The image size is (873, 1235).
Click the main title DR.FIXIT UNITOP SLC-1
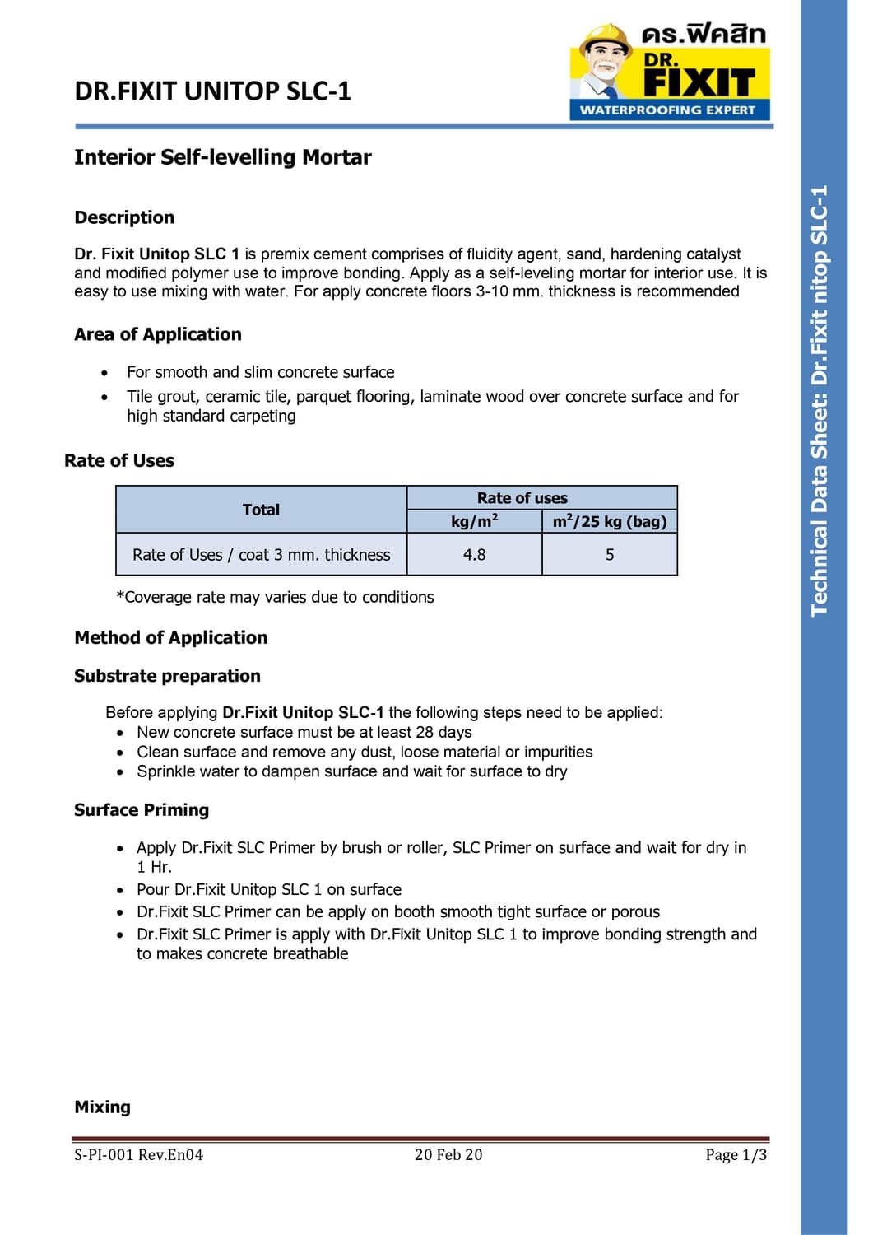click(212, 91)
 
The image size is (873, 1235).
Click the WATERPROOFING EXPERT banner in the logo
click(667, 110)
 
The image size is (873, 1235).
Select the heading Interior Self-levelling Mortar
click(222, 157)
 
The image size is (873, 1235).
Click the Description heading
click(124, 217)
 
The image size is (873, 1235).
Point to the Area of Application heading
click(158, 334)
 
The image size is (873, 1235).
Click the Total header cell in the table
click(261, 510)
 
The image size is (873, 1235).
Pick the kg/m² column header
click(474, 521)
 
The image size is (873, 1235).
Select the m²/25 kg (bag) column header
click(610, 521)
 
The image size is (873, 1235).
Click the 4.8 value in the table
click(474, 555)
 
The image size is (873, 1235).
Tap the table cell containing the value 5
click(610, 555)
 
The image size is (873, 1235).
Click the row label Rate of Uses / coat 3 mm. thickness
click(261, 555)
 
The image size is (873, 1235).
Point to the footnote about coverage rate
click(275, 597)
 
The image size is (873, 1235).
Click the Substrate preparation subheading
click(167, 676)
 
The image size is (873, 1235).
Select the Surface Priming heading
click(142, 810)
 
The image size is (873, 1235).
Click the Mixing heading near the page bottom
click(102, 1107)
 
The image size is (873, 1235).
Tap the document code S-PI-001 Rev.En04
click(138, 1155)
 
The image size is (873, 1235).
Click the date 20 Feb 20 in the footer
click(448, 1155)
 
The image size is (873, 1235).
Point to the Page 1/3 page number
click(736, 1155)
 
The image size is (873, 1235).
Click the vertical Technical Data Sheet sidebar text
click(820, 400)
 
